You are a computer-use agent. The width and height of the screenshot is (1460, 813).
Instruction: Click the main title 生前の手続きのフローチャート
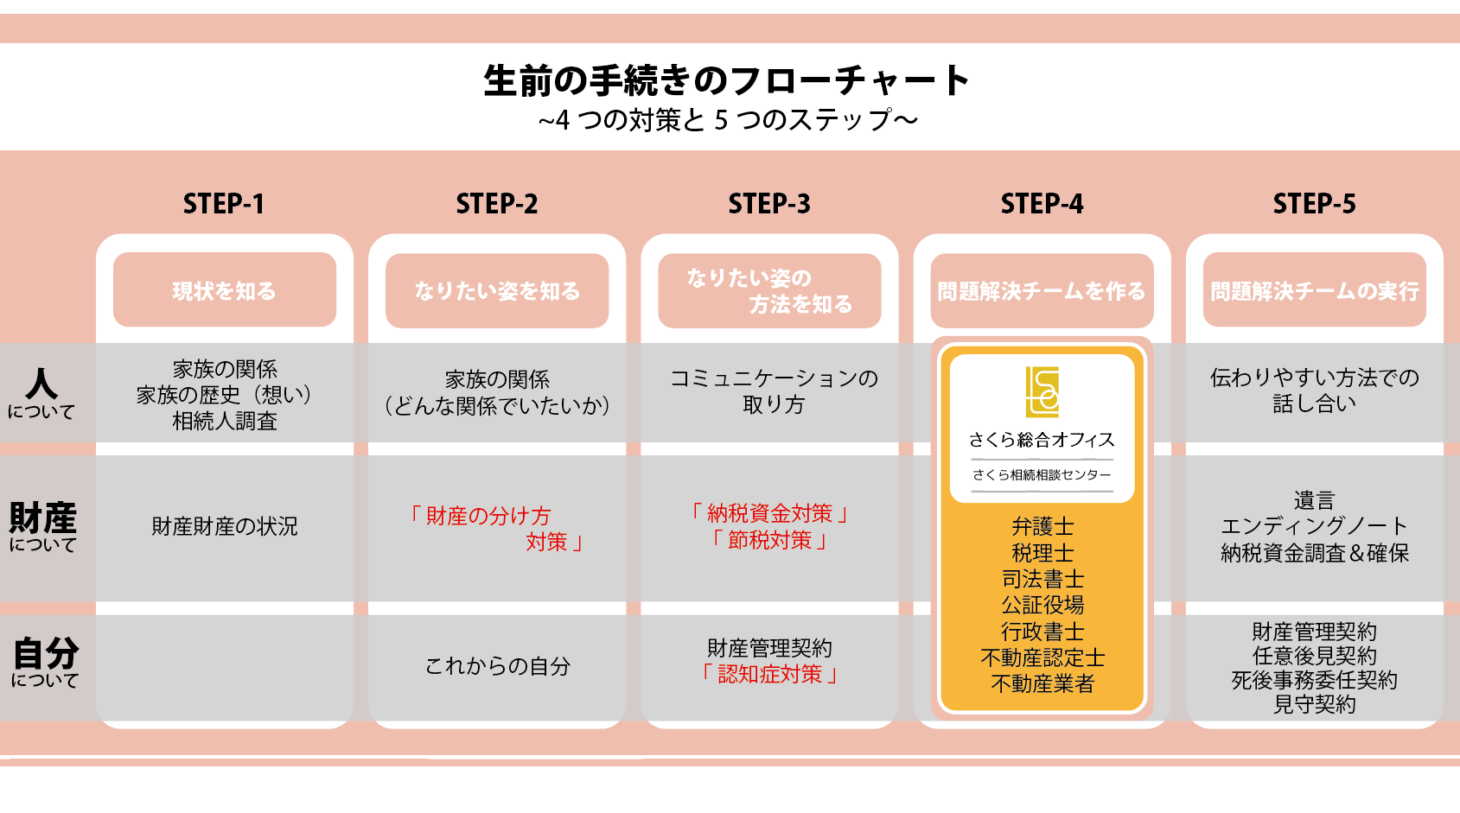tap(726, 81)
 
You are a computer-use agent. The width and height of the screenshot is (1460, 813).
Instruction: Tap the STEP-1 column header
tap(224, 204)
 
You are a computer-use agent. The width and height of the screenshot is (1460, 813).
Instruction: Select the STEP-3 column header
tap(769, 204)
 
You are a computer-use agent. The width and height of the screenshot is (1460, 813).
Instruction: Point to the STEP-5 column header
tap(1314, 204)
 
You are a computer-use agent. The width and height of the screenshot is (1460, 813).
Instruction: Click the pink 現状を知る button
tap(225, 290)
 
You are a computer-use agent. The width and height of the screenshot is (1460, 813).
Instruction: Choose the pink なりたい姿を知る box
tap(497, 290)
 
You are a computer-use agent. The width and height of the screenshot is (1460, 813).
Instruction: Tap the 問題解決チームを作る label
tap(1042, 291)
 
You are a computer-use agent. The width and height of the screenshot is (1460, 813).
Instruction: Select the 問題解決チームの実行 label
tap(1314, 291)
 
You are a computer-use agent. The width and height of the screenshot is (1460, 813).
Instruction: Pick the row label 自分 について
tap(45, 662)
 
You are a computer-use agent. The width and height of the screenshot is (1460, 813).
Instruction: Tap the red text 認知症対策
tap(769, 674)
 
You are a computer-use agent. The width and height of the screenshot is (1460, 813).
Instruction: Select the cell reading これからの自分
tap(498, 666)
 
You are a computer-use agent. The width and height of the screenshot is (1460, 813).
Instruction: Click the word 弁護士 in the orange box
tap(1042, 526)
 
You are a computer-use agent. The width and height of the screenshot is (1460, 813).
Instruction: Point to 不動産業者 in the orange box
tap(1042, 684)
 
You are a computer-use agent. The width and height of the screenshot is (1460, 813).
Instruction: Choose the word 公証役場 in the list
tap(1042, 605)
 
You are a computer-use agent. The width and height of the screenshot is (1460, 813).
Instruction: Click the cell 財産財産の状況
tap(225, 526)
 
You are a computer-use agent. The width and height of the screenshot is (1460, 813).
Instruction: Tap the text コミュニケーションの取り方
tap(774, 391)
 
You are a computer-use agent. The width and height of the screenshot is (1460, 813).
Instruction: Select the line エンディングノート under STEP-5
tap(1314, 526)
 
